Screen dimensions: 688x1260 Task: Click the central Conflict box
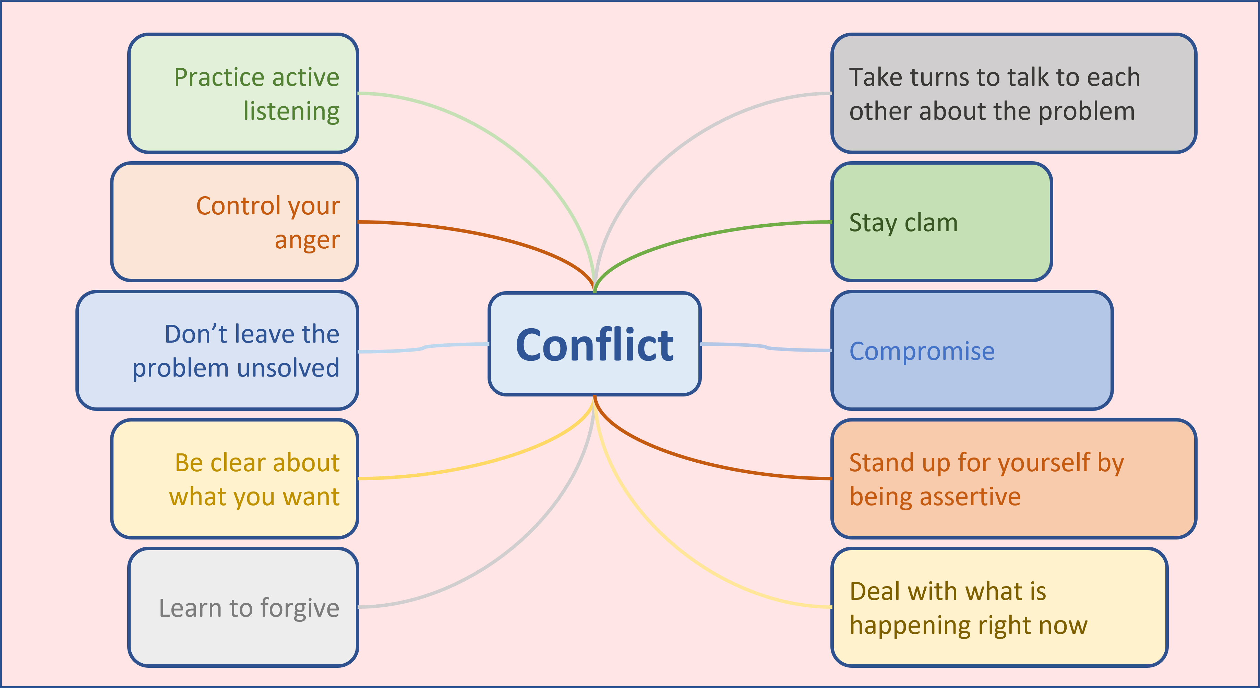point(594,344)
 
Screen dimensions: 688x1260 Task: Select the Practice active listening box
point(243,93)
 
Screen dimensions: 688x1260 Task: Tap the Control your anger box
point(235,222)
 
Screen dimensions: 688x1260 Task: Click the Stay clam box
point(941,222)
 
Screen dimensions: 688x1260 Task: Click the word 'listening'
point(291,111)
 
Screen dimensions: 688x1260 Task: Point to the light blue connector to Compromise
point(766,347)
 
